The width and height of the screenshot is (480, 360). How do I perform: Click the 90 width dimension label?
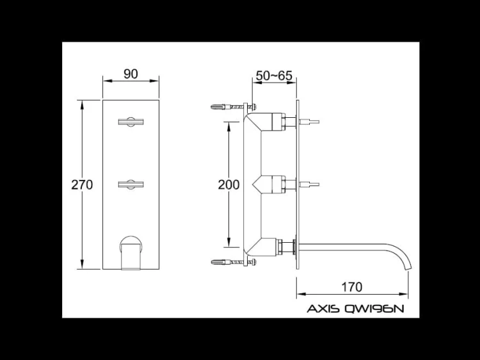(x=131, y=74)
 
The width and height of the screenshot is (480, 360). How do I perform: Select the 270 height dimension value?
(x=82, y=184)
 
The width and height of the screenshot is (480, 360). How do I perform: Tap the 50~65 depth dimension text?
(x=274, y=76)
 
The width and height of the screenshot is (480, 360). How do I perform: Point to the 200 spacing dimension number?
(x=228, y=184)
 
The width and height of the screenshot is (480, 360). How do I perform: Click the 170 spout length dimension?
(x=351, y=286)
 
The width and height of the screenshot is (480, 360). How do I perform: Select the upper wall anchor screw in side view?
(x=232, y=106)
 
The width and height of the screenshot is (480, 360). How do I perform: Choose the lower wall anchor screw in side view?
(x=232, y=261)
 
